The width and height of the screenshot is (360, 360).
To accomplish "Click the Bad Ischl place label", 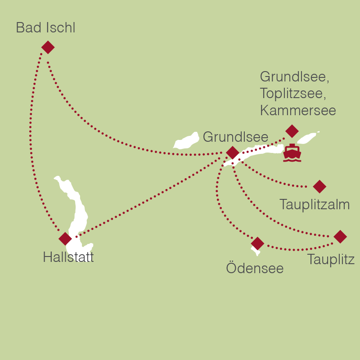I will (x=45, y=28).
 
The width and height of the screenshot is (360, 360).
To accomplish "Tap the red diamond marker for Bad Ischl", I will (x=48, y=47).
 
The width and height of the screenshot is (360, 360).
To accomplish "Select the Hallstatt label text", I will (x=68, y=257).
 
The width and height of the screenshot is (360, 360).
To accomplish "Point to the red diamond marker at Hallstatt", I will (x=65, y=239).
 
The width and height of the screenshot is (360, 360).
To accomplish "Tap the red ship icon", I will (x=292, y=153).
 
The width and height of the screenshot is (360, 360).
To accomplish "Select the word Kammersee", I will (x=298, y=110).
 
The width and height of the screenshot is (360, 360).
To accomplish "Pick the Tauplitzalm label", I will (x=315, y=205).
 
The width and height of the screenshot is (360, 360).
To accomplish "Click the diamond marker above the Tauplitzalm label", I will (x=319, y=186).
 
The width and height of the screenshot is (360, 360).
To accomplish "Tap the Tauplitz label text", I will (x=331, y=260).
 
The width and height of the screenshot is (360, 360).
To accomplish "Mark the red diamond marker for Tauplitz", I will (x=340, y=237).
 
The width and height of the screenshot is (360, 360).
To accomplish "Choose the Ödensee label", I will (x=255, y=269).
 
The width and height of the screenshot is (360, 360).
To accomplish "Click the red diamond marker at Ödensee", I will (x=257, y=243).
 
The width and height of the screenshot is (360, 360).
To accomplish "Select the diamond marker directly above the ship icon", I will (x=292, y=131).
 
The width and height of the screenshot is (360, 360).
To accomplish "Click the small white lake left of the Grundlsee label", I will (x=187, y=141).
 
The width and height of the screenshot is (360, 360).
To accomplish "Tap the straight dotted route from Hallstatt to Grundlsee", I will (x=148, y=196).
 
